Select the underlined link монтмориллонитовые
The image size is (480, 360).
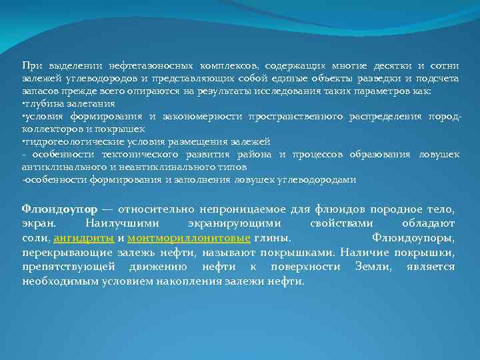[189, 239]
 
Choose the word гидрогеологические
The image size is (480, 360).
[67, 141]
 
